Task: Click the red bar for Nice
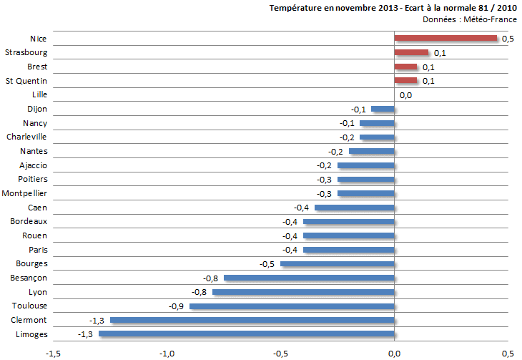(x=445, y=39)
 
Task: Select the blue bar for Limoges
(x=246, y=334)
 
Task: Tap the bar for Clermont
(x=252, y=320)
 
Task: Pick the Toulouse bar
(x=292, y=306)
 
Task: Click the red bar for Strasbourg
(x=411, y=53)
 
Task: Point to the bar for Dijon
(x=383, y=109)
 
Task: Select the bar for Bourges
(x=337, y=264)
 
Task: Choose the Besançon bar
(x=309, y=278)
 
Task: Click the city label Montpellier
(x=25, y=194)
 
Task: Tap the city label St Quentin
(x=26, y=81)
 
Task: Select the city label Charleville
(x=26, y=137)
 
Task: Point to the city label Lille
(x=40, y=94)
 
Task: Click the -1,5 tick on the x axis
(x=53, y=353)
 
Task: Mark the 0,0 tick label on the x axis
(x=394, y=353)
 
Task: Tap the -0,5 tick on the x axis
(x=280, y=353)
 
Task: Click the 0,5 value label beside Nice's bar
(x=508, y=39)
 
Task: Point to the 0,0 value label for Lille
(x=405, y=95)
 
